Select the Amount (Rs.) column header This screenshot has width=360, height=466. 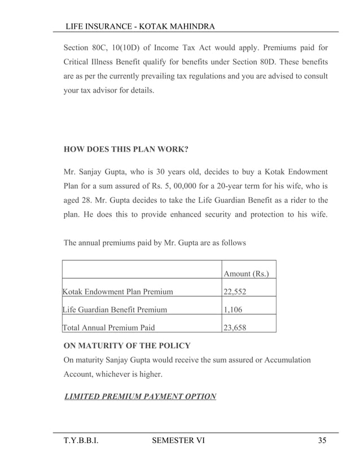point(246,274)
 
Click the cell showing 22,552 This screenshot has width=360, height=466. point(234,292)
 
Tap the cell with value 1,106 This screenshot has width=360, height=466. point(232,309)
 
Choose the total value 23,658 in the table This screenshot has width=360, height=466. point(234,326)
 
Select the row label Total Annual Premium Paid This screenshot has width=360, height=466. point(109,326)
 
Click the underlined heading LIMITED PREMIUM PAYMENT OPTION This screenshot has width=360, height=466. point(141,397)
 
